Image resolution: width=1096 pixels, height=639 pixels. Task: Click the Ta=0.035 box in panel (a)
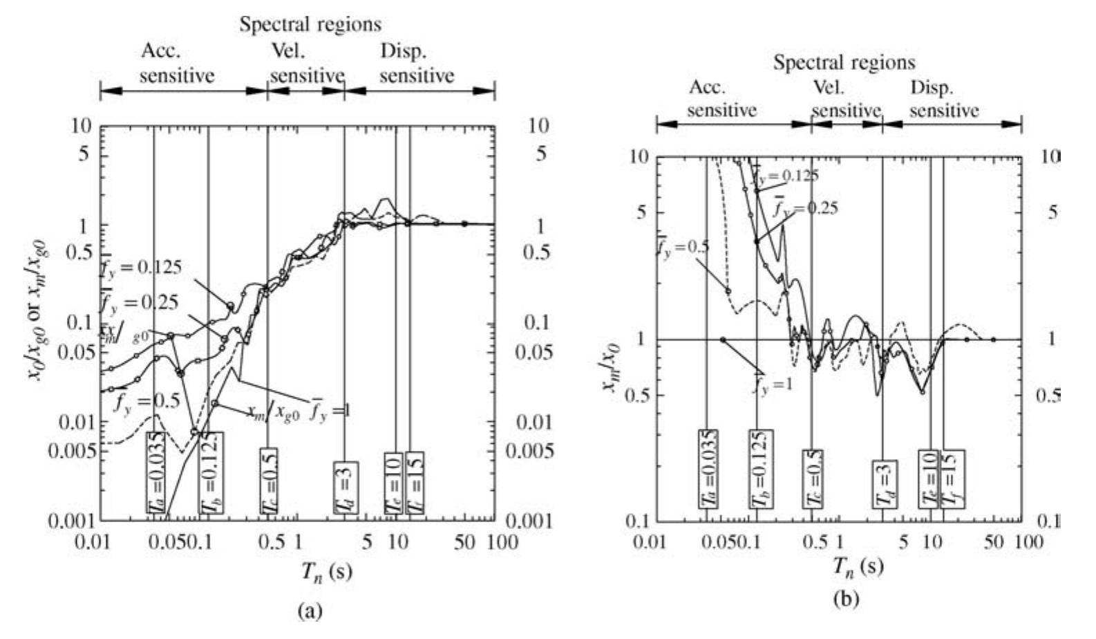(x=155, y=472)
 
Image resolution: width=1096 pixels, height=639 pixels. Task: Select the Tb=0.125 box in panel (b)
(x=761, y=467)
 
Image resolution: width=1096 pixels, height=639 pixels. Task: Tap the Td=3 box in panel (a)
(x=345, y=488)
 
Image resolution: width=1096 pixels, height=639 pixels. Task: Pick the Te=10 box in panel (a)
(x=393, y=483)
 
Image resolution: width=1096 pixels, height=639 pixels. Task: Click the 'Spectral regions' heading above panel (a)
(x=310, y=25)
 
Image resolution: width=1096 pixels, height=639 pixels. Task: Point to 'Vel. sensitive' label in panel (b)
(x=845, y=100)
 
